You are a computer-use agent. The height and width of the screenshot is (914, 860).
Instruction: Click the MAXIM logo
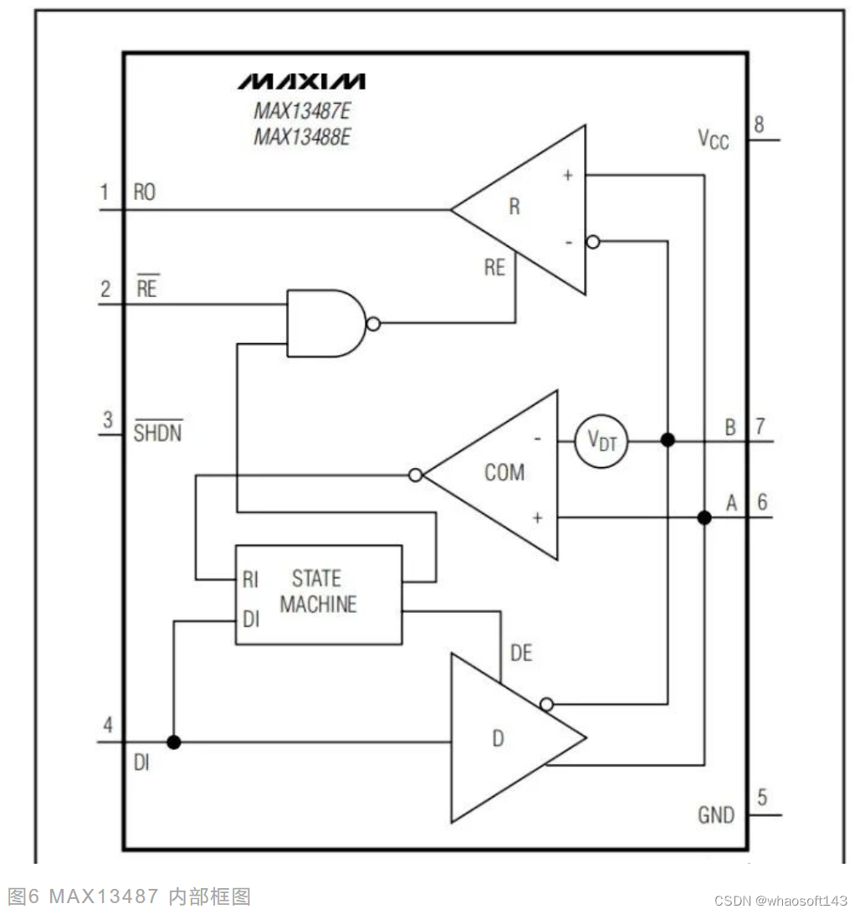tap(301, 82)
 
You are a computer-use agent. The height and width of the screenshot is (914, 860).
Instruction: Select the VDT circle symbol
tap(601, 441)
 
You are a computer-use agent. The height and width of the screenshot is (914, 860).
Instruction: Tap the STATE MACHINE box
tap(319, 594)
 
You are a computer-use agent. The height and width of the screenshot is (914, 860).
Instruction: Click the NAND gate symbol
tap(327, 324)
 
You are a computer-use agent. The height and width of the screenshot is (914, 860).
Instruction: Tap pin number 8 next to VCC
tap(759, 124)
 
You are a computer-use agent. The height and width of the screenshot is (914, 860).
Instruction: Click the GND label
tap(716, 814)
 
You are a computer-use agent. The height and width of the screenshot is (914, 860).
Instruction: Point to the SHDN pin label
tap(158, 432)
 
